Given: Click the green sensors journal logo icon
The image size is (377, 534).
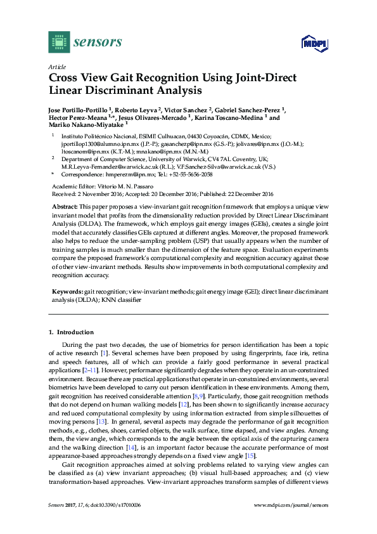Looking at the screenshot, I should point(59,42).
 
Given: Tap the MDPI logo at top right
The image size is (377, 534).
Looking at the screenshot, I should point(313,43).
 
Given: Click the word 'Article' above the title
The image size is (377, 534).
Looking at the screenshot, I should point(56,66).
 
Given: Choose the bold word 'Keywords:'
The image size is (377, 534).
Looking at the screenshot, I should point(67,291).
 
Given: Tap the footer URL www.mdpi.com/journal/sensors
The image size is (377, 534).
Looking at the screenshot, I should point(291,505).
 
